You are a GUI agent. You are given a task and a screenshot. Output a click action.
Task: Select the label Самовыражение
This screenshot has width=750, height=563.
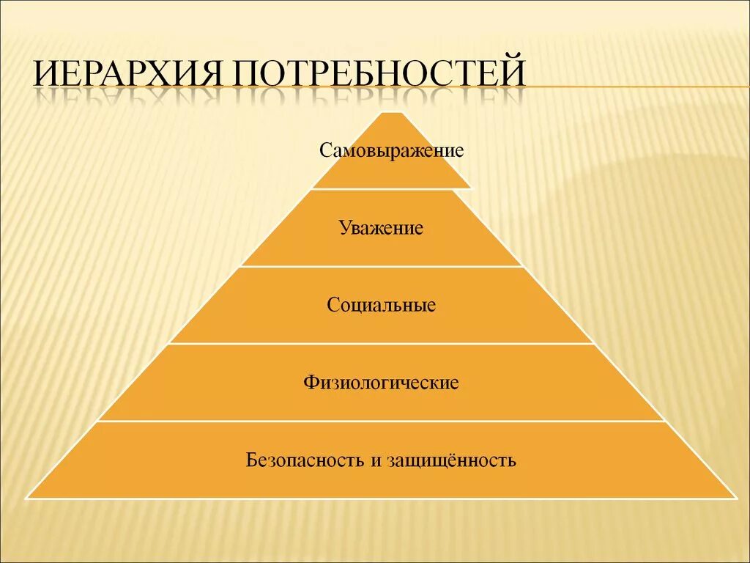click(x=392, y=151)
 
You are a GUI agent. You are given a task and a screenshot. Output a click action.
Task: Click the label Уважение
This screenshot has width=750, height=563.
click(x=381, y=228)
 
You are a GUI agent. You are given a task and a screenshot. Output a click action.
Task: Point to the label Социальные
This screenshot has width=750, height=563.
click(x=382, y=305)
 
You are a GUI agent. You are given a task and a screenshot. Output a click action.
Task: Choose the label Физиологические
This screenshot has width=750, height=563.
click(x=381, y=383)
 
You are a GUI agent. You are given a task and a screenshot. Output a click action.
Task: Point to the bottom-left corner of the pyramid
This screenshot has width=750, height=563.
click(x=28, y=498)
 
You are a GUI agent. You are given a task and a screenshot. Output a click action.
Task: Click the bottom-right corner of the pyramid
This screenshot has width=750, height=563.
click(x=735, y=498)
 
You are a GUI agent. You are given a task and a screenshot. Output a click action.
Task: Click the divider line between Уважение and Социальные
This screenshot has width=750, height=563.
click(x=382, y=266)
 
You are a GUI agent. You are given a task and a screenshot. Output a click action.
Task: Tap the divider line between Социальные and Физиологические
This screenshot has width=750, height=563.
click(x=382, y=344)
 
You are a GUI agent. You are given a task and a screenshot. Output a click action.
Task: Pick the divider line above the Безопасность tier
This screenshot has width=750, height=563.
click(x=382, y=421)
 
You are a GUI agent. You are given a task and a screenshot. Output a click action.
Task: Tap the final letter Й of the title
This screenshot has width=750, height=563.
click(x=513, y=76)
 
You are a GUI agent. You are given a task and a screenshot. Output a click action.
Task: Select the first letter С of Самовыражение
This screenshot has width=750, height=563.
click(x=324, y=152)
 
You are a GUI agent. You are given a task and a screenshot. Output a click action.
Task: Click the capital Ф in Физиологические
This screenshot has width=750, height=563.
click(x=309, y=383)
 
